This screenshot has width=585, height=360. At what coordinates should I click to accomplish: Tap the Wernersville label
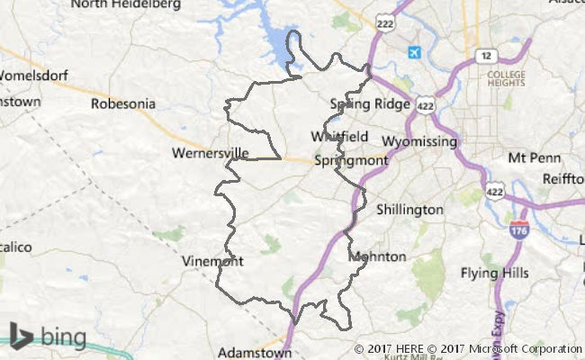(210, 154)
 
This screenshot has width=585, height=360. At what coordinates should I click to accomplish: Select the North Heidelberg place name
(125, 4)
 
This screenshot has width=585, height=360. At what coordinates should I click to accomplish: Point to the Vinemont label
(212, 262)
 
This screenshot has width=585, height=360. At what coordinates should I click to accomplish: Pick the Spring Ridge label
(370, 104)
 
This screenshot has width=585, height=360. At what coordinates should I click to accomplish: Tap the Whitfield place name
(339, 137)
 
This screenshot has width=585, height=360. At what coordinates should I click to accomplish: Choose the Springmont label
(352, 161)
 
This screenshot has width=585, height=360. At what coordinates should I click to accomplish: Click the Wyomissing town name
(419, 142)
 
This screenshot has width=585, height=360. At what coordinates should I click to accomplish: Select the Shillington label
(409, 210)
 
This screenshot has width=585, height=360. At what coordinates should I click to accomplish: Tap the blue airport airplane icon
(413, 52)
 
